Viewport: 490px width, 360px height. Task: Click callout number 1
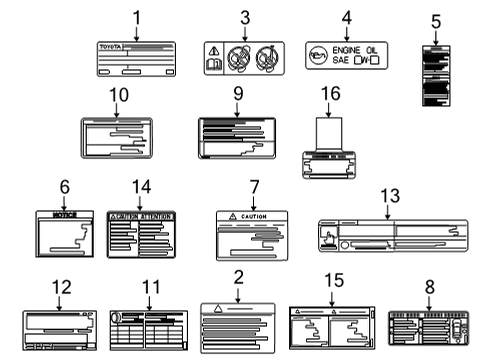137,17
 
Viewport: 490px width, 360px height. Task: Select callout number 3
243,17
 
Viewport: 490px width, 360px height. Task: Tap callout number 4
347,17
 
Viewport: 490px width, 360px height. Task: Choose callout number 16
331,96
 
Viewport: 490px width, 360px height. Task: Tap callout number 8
430,287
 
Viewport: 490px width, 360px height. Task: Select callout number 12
62,287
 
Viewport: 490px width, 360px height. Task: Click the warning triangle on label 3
213,49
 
